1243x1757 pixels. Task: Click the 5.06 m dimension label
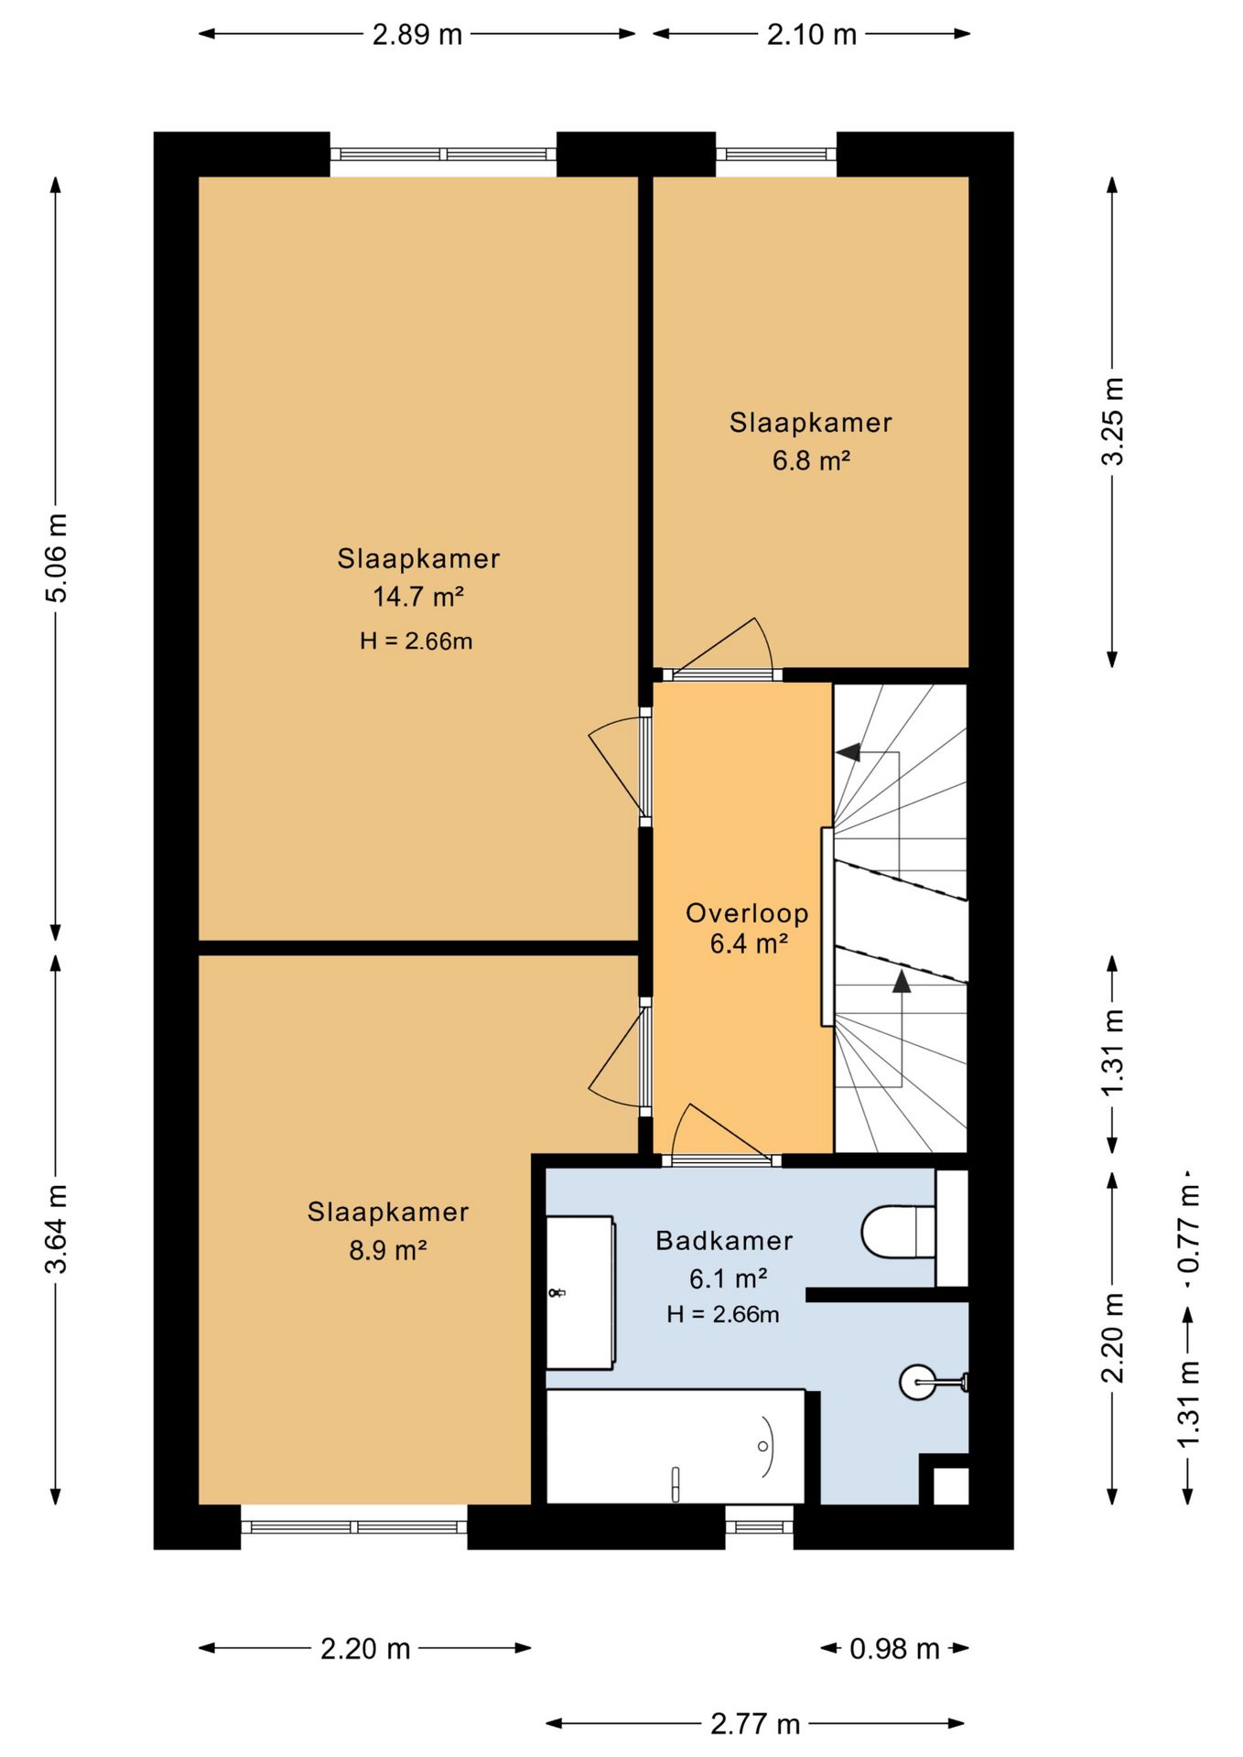(x=57, y=557)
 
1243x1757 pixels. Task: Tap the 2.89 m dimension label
(x=417, y=35)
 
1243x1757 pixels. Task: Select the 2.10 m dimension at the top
(x=812, y=35)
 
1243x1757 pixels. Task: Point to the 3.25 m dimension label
(x=1112, y=421)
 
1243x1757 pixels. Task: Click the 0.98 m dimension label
(x=894, y=1648)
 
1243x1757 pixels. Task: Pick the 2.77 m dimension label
(x=755, y=1724)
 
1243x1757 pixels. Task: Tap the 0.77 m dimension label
(x=1188, y=1228)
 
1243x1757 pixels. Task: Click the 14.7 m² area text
(x=418, y=597)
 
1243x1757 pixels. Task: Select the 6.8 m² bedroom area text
(x=811, y=459)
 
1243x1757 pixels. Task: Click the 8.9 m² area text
(x=388, y=1250)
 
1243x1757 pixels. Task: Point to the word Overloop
(x=747, y=913)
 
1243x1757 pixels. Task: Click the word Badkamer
(x=724, y=1241)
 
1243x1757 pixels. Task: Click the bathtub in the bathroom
(x=676, y=1447)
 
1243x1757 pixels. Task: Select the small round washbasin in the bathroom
(x=918, y=1382)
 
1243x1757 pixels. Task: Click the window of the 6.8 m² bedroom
(x=775, y=154)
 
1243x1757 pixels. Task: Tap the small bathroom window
(x=759, y=1525)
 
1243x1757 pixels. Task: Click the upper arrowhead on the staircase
(x=848, y=752)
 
